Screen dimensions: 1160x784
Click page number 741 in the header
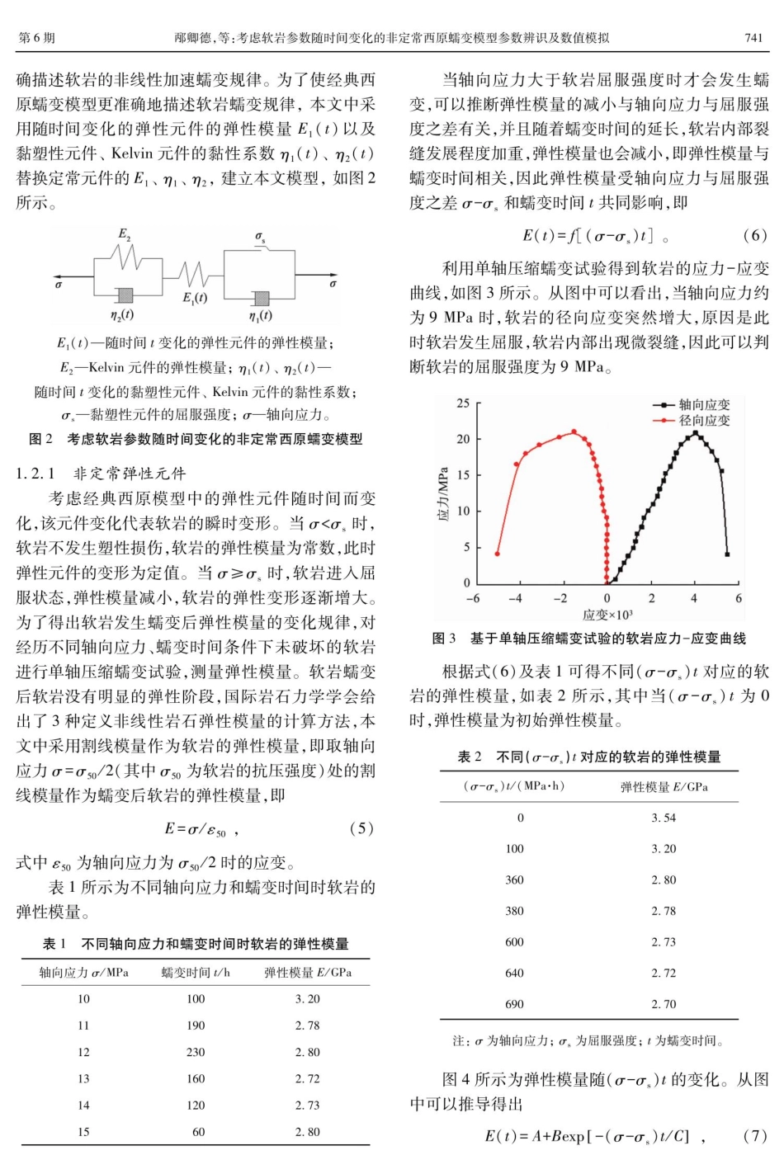click(x=753, y=38)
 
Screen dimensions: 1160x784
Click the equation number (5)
click(x=361, y=828)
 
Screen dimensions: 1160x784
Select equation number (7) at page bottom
click(x=754, y=1136)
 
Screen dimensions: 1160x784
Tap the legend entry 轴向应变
click(x=704, y=405)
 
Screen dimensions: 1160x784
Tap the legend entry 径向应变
click(x=704, y=421)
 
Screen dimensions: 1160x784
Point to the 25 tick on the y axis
click(x=463, y=403)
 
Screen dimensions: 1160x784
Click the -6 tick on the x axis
click(x=473, y=598)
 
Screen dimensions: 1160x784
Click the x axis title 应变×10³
click(x=607, y=615)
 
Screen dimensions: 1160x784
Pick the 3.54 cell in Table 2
click(x=663, y=818)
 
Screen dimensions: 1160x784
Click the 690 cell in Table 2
click(x=514, y=1004)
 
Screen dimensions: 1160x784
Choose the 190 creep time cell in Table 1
click(x=196, y=1026)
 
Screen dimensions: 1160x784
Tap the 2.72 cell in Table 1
click(x=307, y=1078)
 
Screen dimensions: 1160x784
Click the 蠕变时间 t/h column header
click(x=196, y=973)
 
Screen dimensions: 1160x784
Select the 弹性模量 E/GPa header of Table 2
click(x=664, y=786)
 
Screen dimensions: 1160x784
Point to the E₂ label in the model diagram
click(x=124, y=234)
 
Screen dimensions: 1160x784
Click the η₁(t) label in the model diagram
click(x=260, y=315)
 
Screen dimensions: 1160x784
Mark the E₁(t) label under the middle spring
click(x=195, y=298)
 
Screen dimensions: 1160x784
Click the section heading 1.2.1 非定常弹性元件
click(x=102, y=473)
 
